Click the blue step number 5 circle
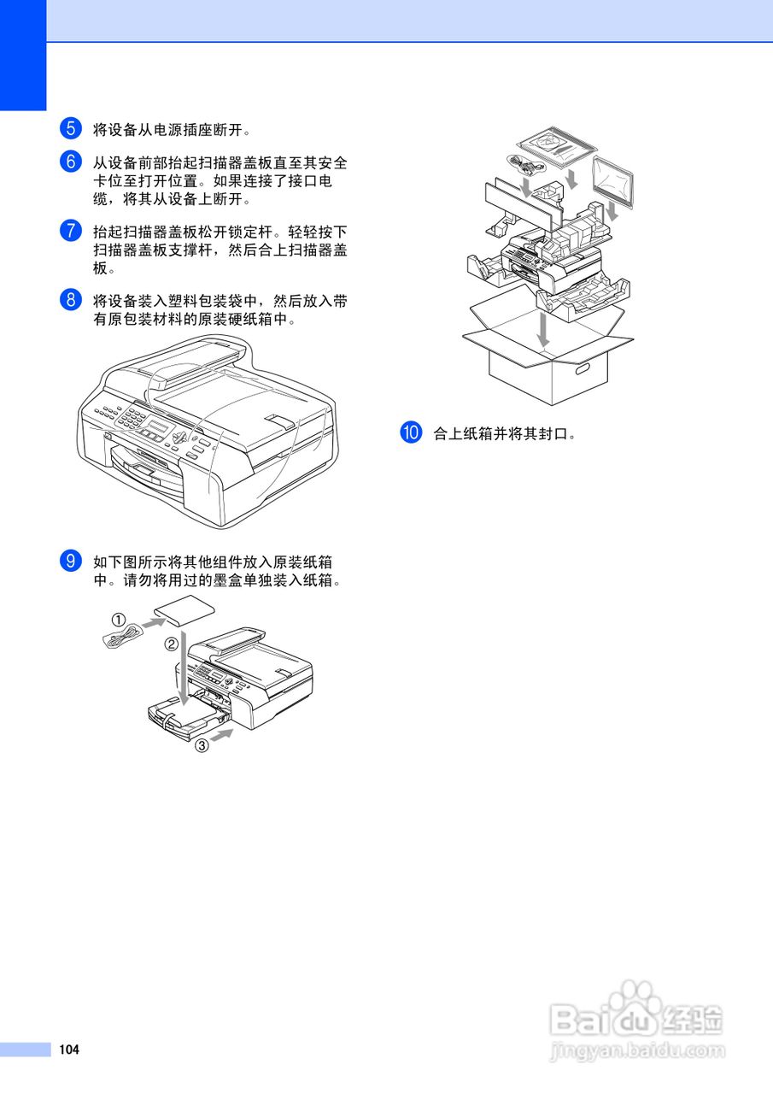(x=71, y=130)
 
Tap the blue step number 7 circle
(x=71, y=231)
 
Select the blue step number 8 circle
(x=71, y=300)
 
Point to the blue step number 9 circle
(x=71, y=562)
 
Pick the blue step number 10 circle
(x=411, y=432)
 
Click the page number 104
(x=69, y=1050)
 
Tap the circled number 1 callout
(x=119, y=619)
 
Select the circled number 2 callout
(x=171, y=644)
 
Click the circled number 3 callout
(x=202, y=745)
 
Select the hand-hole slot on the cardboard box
(x=586, y=369)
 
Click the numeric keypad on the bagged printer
(x=132, y=418)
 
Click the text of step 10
(x=505, y=433)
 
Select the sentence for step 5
(x=172, y=131)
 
